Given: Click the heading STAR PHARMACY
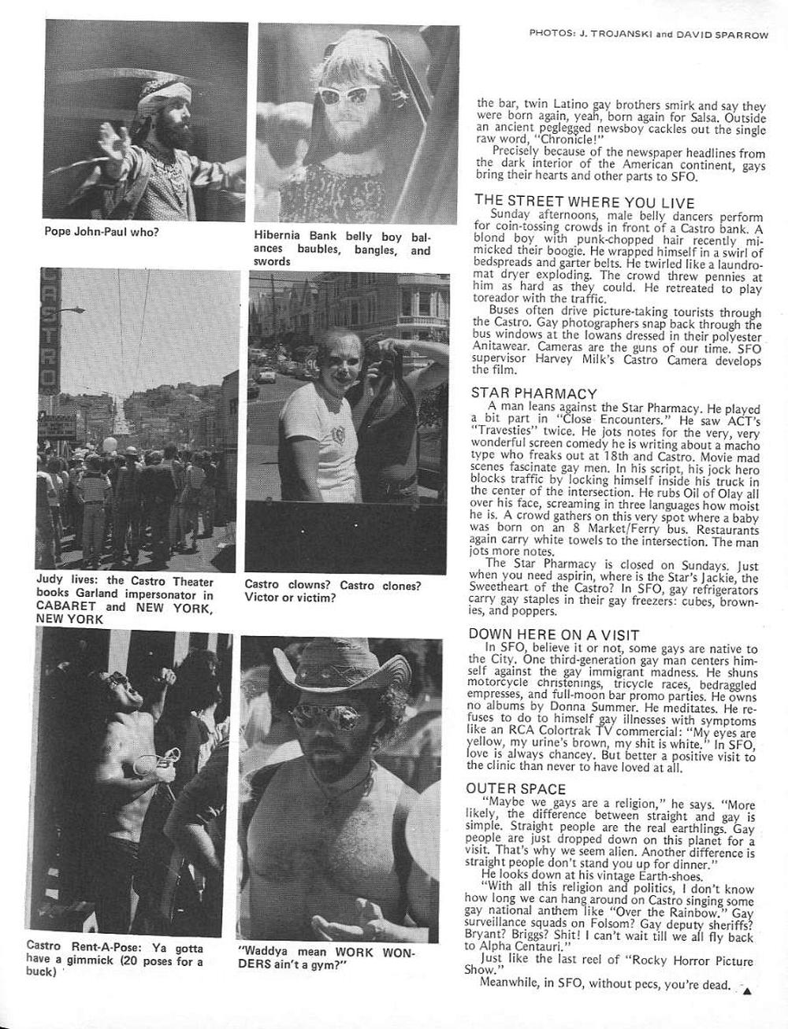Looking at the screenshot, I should point(533,393).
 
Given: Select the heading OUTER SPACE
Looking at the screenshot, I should point(515,788).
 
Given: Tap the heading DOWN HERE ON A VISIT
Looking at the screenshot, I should point(553,634).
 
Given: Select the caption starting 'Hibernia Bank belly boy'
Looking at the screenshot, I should point(342,248).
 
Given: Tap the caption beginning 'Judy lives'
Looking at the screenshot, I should point(125,600).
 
